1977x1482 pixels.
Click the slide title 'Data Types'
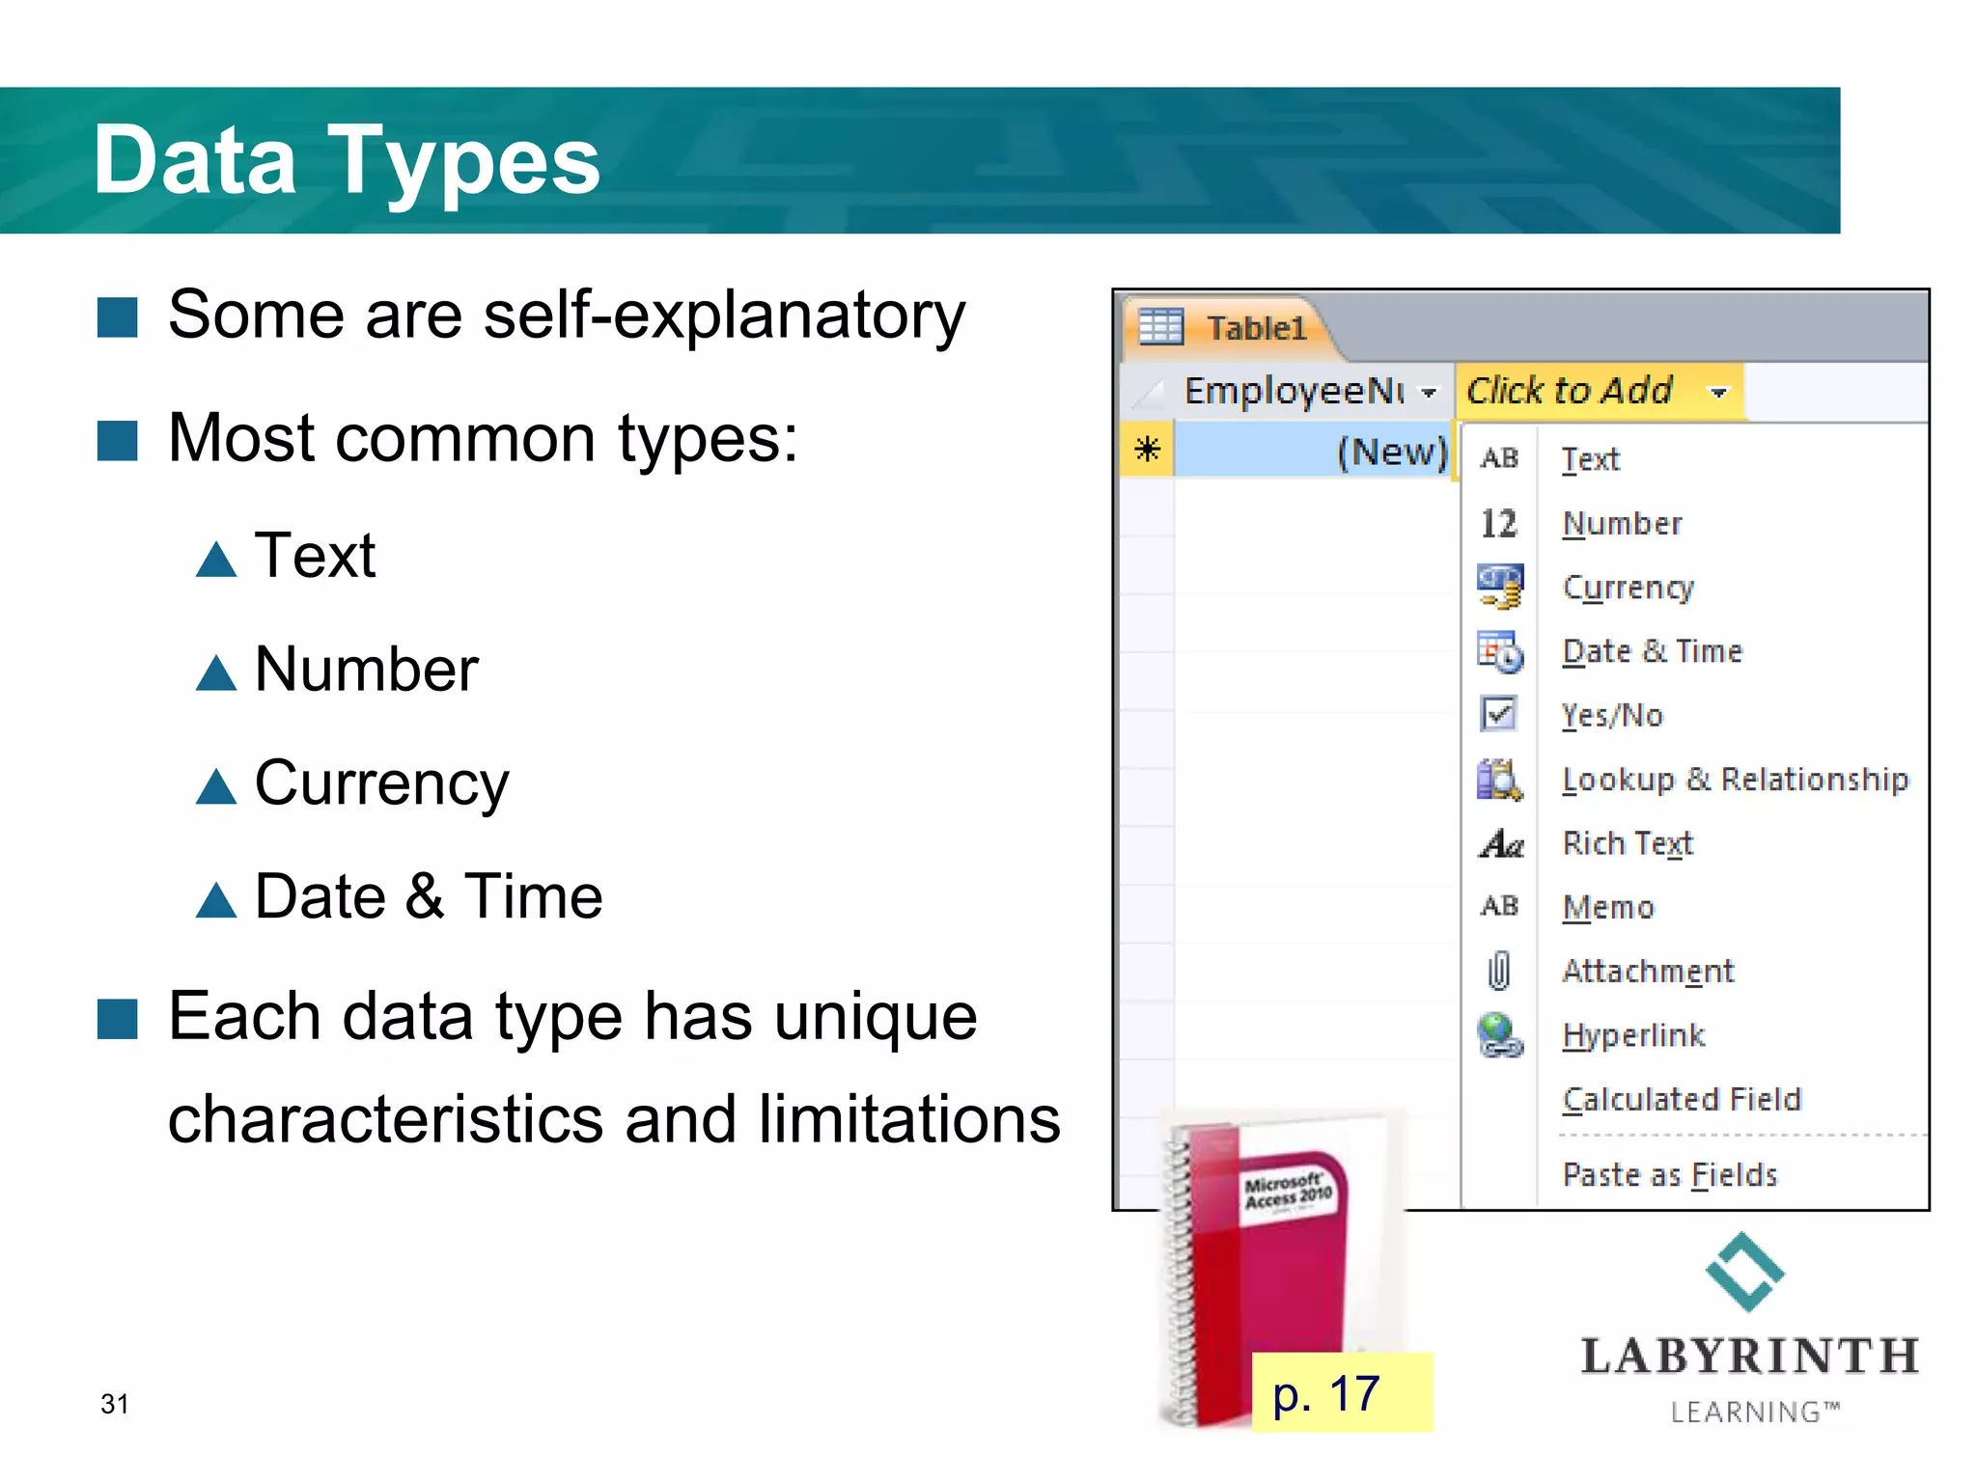coord(347,161)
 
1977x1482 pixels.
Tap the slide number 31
coord(114,1404)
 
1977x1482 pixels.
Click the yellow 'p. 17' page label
coord(1326,1393)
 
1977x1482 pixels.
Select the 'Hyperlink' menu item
coord(1633,1035)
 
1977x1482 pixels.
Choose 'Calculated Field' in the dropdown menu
coord(1682,1099)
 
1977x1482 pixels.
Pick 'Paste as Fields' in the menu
coord(1670,1174)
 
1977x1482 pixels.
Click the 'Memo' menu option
coord(1608,907)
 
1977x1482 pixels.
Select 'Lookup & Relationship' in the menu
coord(1735,779)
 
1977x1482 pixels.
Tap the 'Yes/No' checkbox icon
coord(1498,714)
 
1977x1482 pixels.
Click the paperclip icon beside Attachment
coord(1498,971)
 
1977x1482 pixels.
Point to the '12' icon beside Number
coord(1498,523)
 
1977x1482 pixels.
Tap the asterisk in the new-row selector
coord(1147,450)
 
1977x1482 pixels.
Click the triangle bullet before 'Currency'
coord(216,786)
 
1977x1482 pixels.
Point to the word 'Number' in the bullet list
coord(367,670)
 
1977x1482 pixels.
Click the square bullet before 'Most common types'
coord(118,441)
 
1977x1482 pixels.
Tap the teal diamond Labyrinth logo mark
coord(1744,1272)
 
